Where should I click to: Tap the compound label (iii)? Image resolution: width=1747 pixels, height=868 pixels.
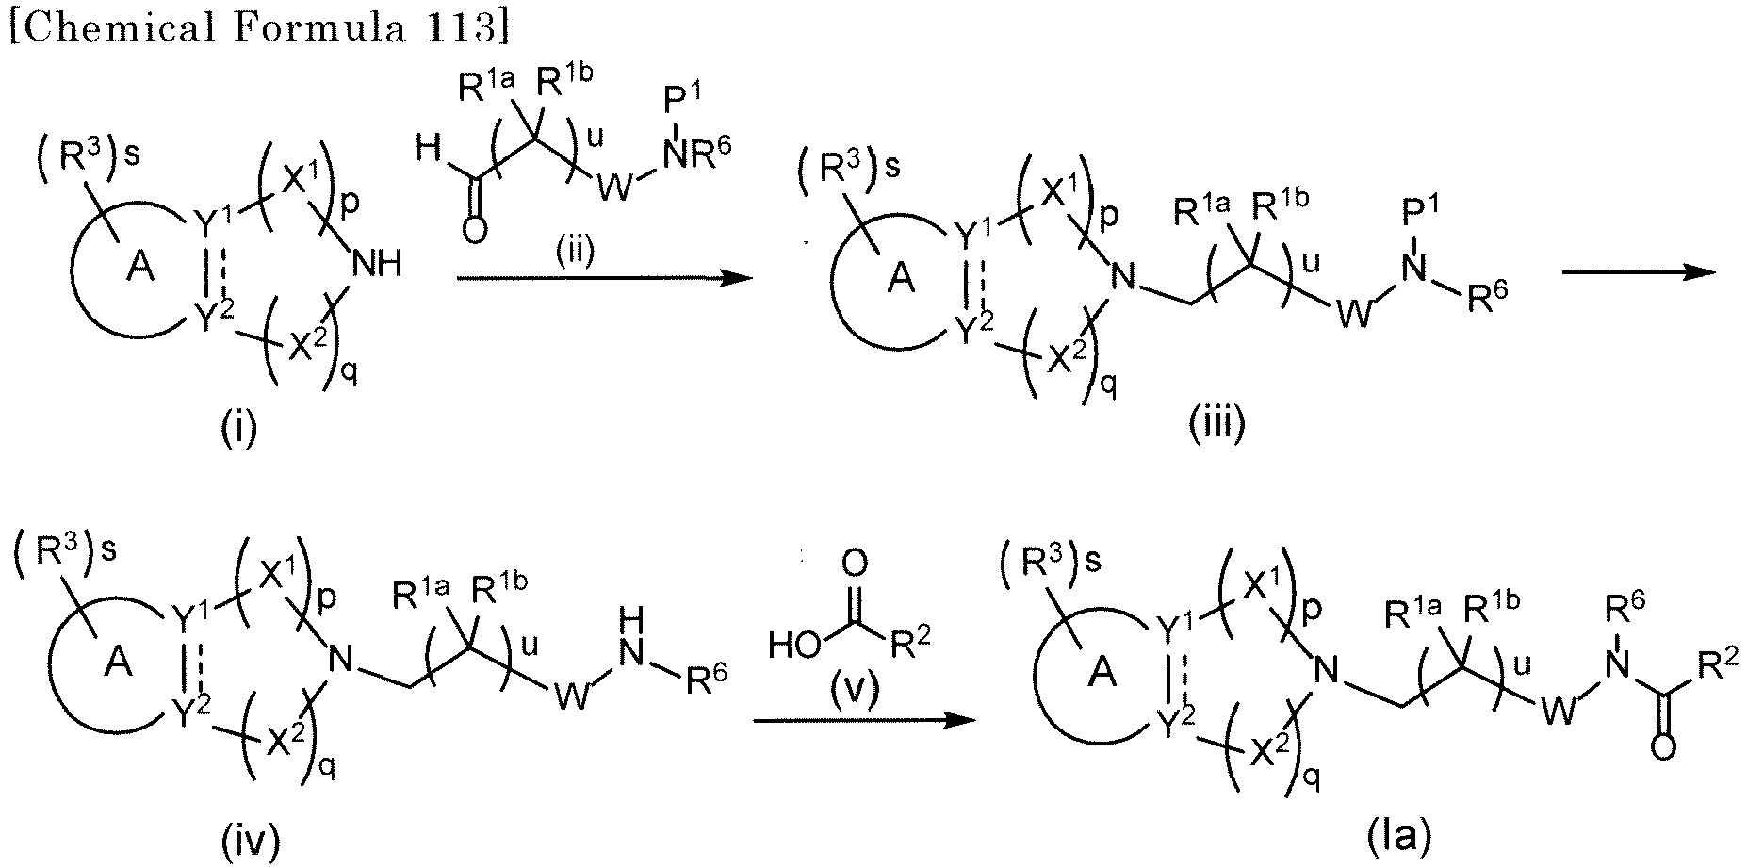(x=1216, y=425)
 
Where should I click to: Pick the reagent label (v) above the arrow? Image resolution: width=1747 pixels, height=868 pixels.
(x=855, y=691)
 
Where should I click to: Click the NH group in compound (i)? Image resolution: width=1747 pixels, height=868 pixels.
(x=377, y=264)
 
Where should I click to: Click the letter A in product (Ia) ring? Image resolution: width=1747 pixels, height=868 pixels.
(x=1104, y=671)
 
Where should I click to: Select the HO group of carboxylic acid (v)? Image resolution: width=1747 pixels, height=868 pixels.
(x=792, y=646)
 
